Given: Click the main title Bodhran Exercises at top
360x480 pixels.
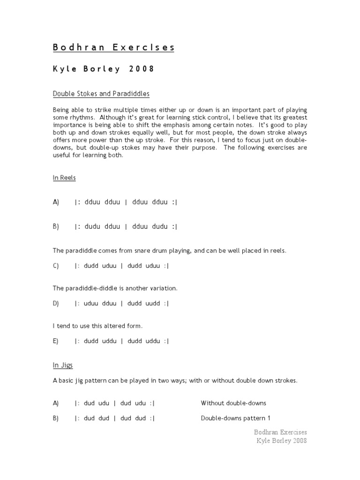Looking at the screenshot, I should [x=113, y=47].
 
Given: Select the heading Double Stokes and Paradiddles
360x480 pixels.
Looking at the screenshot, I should [x=101, y=94].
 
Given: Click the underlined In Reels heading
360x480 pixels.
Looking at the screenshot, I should [x=64, y=178].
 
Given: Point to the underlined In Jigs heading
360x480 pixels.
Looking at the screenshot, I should [x=63, y=365].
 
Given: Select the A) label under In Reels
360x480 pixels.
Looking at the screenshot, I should [x=56, y=202].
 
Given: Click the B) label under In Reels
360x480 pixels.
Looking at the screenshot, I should [x=56, y=226].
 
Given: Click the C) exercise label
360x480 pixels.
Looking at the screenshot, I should [x=56, y=266].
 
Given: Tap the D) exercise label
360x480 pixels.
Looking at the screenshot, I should [x=56, y=303].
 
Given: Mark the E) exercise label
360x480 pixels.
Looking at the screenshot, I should [x=56, y=341].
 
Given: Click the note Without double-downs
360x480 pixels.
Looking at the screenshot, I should [x=233, y=403].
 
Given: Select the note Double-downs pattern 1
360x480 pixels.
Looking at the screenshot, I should [x=236, y=418].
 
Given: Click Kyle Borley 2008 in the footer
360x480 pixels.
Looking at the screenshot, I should [x=281, y=441].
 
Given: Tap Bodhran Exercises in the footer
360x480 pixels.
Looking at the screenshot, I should [x=280, y=432].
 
